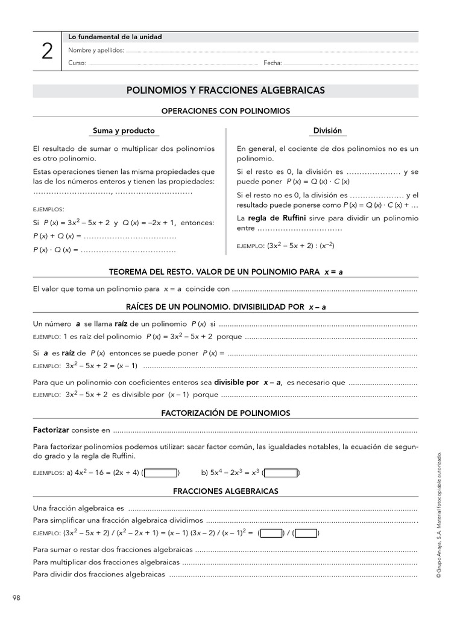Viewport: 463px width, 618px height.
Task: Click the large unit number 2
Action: point(47,52)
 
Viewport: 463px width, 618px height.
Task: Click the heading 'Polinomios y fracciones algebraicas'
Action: point(225,90)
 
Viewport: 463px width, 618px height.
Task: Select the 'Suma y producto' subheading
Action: point(124,130)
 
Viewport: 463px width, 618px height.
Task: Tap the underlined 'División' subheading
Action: point(327,130)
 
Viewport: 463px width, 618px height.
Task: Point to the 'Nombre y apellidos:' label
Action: point(96,50)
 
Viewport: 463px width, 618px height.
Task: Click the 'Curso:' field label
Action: point(77,63)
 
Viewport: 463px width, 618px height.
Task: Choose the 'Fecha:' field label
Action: point(272,63)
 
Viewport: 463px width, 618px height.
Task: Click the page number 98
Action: point(16,597)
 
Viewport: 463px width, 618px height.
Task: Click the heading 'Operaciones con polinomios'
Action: point(225,111)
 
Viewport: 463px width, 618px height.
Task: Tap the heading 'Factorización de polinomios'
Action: point(225,413)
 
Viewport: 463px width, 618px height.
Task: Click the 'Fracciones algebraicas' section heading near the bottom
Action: point(225,491)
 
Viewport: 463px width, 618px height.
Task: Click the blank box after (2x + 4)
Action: point(161,473)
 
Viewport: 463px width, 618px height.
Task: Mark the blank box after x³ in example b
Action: point(280,473)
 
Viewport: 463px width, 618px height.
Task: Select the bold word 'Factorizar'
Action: point(51,430)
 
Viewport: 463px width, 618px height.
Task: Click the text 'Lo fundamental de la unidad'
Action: point(115,37)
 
